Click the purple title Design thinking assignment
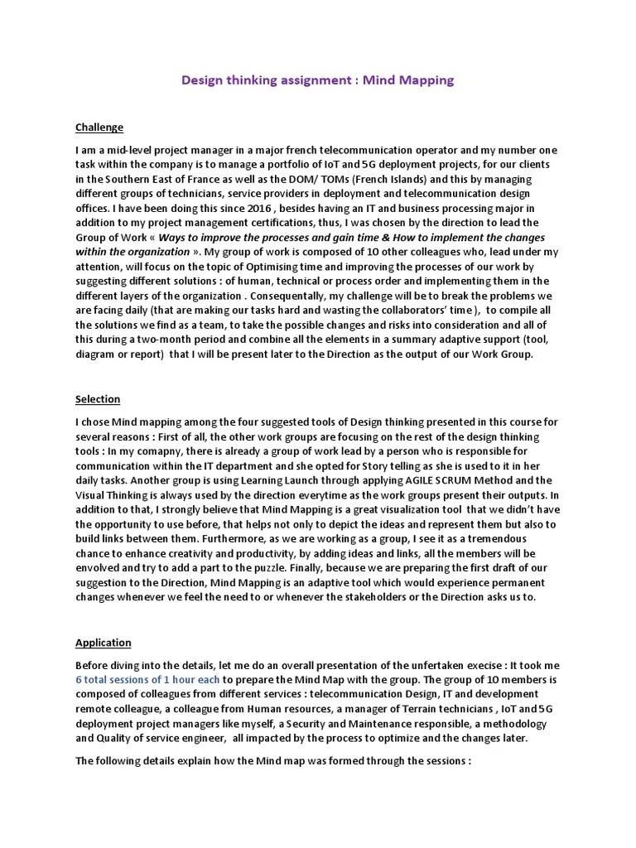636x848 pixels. pyautogui.click(x=317, y=80)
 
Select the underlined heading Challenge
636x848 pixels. pyautogui.click(x=99, y=127)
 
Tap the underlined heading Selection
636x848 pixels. pyautogui.click(x=98, y=399)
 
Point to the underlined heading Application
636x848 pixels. pyautogui.click(x=103, y=643)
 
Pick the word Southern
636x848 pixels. pyautogui.click(x=132, y=178)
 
